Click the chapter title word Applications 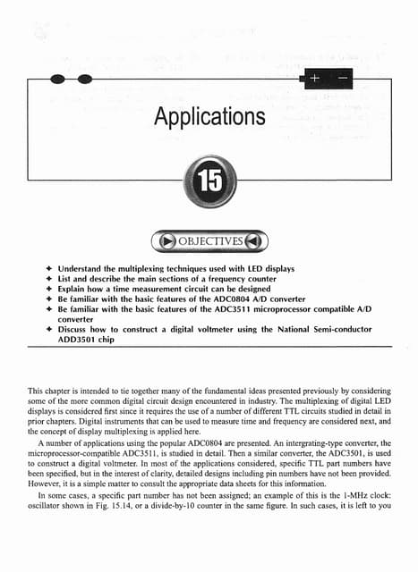(209, 117)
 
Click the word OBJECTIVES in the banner (209, 241)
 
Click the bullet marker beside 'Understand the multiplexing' (47, 268)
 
